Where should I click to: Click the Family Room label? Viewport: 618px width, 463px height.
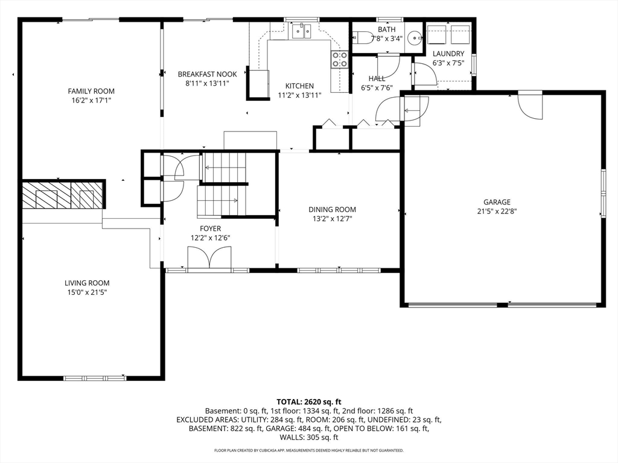point(91,91)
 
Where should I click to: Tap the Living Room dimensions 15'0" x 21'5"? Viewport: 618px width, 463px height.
point(87,292)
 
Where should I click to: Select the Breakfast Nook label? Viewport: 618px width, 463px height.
point(208,74)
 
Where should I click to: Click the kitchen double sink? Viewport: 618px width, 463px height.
point(302,31)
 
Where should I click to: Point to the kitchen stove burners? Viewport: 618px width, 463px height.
point(340,60)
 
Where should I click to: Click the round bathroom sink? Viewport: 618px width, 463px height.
point(415,38)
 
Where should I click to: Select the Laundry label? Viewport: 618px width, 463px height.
point(448,54)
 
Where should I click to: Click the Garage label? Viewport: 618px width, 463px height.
point(497,202)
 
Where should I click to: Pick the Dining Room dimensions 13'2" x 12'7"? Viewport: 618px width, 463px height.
point(333,219)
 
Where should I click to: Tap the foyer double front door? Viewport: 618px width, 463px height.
point(209,258)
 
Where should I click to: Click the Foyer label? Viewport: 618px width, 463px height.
point(211,228)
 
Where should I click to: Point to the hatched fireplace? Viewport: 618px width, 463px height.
point(63,195)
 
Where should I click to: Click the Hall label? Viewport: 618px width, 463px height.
point(377,78)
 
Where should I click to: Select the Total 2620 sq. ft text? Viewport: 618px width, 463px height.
point(309,402)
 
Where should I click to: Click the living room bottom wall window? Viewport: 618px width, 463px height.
point(95,379)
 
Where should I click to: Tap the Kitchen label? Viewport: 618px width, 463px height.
point(299,86)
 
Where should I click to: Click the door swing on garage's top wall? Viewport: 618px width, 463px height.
point(530,106)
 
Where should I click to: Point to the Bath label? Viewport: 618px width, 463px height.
point(387,29)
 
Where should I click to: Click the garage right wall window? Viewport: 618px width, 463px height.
point(603,193)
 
